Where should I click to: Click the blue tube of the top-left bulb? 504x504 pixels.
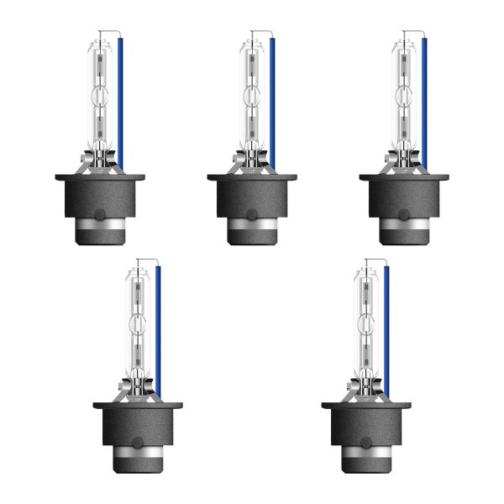click(x=122, y=101)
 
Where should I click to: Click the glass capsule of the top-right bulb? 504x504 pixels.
click(x=404, y=92)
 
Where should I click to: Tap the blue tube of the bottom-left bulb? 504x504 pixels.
click(x=159, y=328)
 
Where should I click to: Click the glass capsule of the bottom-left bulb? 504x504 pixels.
click(x=139, y=319)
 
